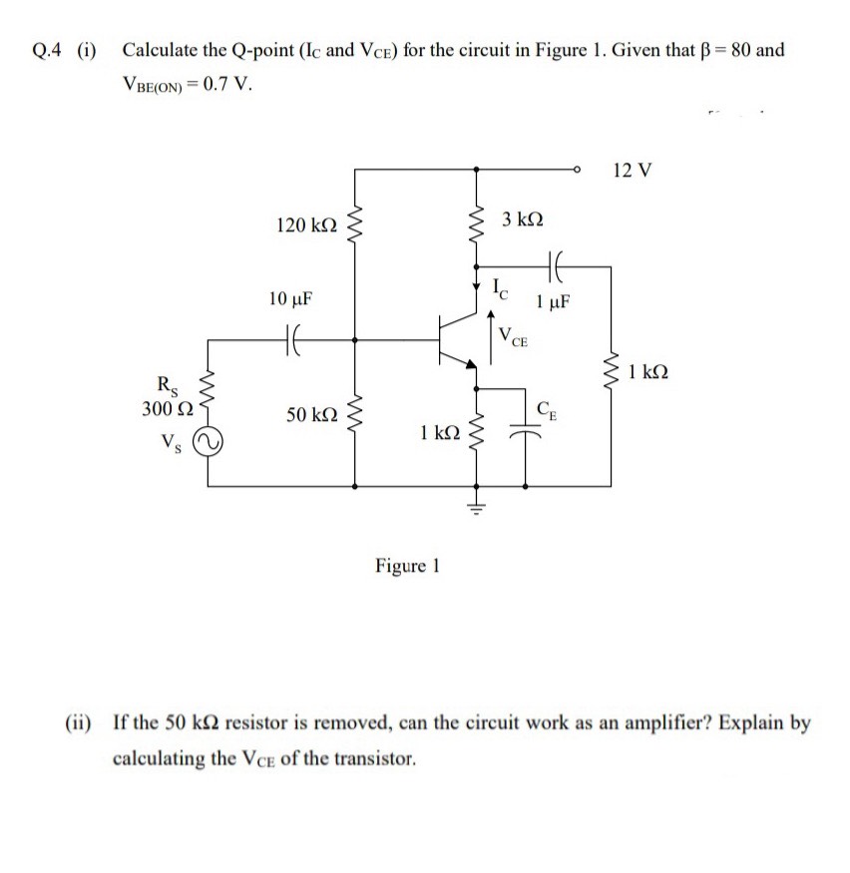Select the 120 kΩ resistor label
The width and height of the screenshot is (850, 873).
pos(304,228)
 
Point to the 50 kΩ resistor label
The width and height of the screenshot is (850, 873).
pos(312,413)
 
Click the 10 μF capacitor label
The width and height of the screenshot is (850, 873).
pos(291,298)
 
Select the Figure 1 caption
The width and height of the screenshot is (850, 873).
pos(407,567)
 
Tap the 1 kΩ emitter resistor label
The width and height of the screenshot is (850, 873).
pos(440,432)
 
